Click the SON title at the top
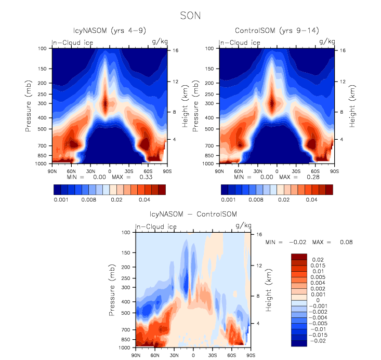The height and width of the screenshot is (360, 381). point(190,16)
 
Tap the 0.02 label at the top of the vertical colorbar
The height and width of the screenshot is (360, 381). point(318,258)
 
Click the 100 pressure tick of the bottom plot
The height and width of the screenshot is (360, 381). point(126,233)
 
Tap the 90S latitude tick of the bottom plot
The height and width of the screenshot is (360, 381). point(251,355)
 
